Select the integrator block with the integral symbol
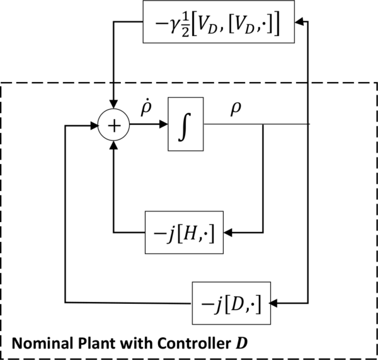pyautogui.click(x=186, y=124)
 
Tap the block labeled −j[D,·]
pyautogui.click(x=231, y=303)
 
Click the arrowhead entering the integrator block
pyautogui.click(x=163, y=124)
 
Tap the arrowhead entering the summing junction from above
pyautogui.click(x=114, y=107)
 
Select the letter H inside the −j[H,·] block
pyautogui.click(x=190, y=232)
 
